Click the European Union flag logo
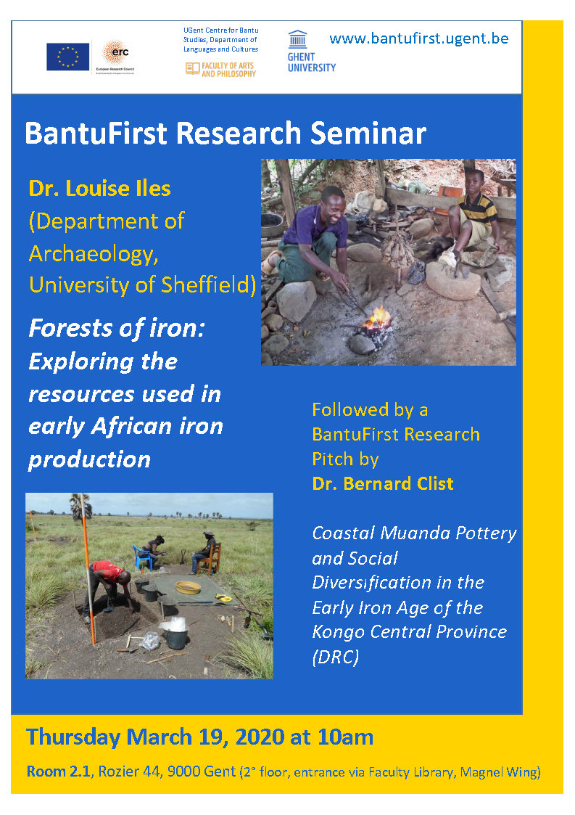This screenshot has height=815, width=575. (x=67, y=57)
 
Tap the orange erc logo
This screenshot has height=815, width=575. (x=115, y=54)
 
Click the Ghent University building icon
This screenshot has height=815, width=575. (x=297, y=39)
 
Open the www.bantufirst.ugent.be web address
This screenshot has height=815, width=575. (x=418, y=38)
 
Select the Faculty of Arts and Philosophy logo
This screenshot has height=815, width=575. (x=220, y=70)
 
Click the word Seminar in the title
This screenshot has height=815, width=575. (x=368, y=133)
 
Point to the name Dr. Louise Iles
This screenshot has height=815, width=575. (x=100, y=189)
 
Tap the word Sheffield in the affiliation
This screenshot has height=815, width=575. (x=208, y=284)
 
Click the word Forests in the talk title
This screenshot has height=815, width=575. (x=70, y=329)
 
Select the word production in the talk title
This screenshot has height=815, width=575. (x=89, y=460)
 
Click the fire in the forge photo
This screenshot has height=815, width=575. (x=377, y=318)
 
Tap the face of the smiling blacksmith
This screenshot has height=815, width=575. (x=334, y=202)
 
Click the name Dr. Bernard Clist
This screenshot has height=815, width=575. (x=383, y=484)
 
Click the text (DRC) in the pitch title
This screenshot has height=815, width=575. (x=336, y=658)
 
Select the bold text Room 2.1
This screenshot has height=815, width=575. (x=59, y=771)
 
